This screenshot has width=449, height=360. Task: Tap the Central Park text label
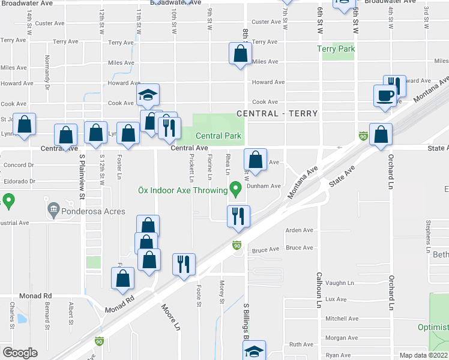tap(218, 136)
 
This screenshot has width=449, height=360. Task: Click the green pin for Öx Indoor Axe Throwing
tap(236, 191)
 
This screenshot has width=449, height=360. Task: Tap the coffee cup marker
tap(384, 95)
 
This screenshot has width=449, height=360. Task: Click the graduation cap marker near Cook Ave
tap(148, 95)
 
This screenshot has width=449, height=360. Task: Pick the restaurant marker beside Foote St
tap(184, 264)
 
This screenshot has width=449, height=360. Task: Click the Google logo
tap(20, 352)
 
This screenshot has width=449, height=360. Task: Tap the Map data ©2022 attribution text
tap(423, 355)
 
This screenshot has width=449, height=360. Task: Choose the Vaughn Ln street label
tap(340, 283)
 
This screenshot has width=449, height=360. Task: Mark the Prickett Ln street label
tap(191, 169)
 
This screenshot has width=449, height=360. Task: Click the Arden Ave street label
tap(300, 230)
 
